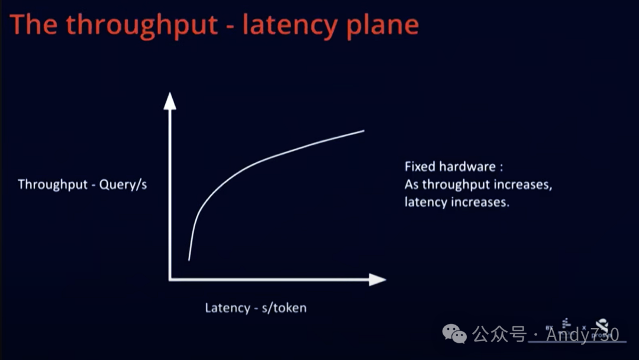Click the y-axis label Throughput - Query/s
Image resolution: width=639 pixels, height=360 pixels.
[82, 184]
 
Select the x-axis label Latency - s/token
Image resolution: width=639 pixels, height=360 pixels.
[256, 308]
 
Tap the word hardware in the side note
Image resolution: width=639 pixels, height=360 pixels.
[467, 167]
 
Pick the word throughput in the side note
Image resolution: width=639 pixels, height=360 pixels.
[456, 185]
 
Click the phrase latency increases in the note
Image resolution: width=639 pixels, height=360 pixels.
[457, 202]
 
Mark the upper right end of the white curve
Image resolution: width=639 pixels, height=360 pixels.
[363, 130]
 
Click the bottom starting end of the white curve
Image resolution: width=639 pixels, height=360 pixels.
[189, 259]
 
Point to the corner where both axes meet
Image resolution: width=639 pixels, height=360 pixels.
[170, 279]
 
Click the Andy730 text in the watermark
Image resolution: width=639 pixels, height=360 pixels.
[583, 335]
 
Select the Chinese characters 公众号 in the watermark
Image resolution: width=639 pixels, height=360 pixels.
[500, 335]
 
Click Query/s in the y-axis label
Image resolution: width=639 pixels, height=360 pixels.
[123, 184]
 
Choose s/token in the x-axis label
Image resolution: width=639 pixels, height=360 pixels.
[284, 308]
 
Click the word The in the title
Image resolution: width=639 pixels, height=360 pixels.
[35, 25]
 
